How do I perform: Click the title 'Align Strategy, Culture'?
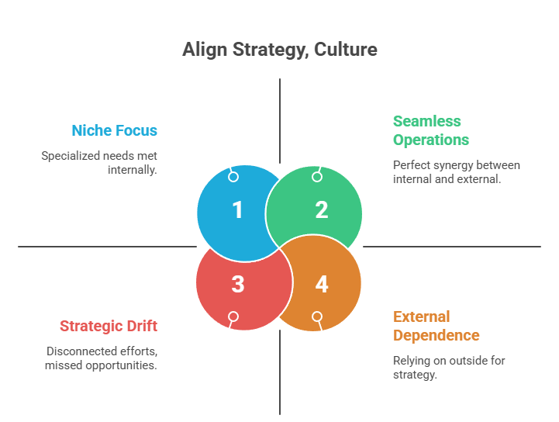tap(279, 50)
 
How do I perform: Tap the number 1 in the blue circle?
tap(237, 210)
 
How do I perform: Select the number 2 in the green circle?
tap(322, 210)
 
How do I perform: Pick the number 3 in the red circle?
tap(237, 285)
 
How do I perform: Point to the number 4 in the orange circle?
tap(322, 285)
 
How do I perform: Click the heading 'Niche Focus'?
tap(115, 130)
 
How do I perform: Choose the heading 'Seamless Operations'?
tap(431, 130)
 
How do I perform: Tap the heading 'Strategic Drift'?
tap(109, 327)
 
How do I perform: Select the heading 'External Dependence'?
tap(436, 326)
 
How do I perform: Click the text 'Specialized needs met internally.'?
tap(99, 162)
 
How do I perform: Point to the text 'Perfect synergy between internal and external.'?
tap(456, 171)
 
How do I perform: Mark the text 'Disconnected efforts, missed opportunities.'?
tap(101, 358)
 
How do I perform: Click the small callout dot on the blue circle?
tap(233, 177)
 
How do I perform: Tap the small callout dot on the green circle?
tap(317, 177)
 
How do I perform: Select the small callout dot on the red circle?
tap(233, 316)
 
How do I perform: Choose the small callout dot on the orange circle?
tap(317, 316)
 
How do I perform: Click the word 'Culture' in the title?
tap(347, 50)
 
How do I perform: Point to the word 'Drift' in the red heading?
tap(141, 327)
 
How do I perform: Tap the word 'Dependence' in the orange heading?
tap(436, 336)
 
